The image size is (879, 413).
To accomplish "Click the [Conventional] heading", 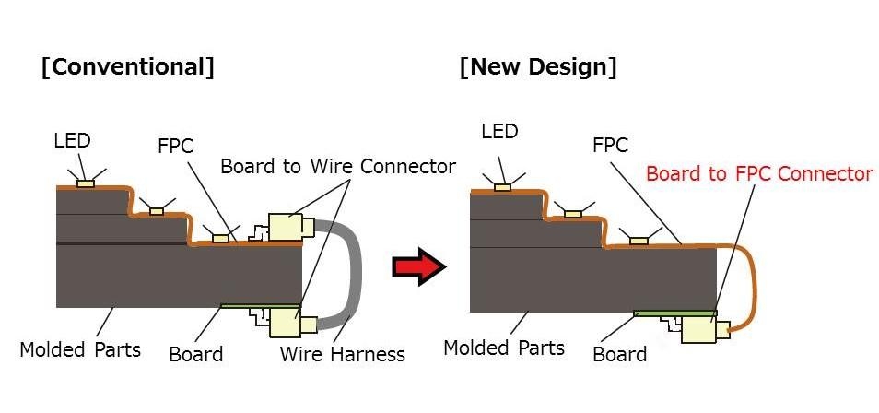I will click(127, 68).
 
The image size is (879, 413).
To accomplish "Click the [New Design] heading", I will click(538, 67).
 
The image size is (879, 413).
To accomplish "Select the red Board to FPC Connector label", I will click(758, 173).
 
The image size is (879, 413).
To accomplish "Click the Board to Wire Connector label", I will click(338, 166).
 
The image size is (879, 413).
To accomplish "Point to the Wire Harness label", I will click(342, 353).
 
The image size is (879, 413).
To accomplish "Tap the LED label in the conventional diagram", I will click(72, 141).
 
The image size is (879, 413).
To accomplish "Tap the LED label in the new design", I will click(501, 132).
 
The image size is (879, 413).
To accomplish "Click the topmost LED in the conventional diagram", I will click(85, 183).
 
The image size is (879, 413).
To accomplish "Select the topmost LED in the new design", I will click(502, 187).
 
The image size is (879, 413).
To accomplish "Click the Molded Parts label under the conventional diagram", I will click(80, 349).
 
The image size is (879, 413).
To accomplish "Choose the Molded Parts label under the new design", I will click(503, 348).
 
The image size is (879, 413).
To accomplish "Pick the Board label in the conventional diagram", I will click(195, 353).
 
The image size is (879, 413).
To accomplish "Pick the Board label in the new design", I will click(619, 353).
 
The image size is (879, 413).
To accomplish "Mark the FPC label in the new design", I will click(610, 145).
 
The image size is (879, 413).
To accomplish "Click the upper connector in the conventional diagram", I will click(291, 227).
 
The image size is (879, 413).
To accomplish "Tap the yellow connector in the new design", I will click(702, 329).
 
